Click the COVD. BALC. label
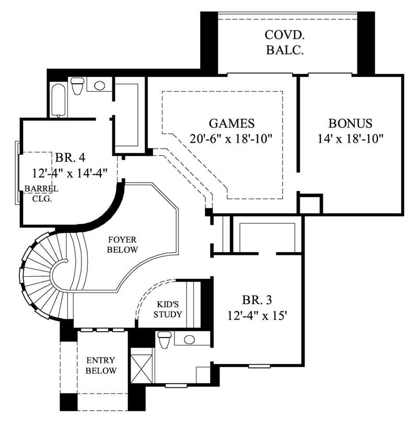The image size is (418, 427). click(x=285, y=43)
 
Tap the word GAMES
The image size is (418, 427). click(x=231, y=124)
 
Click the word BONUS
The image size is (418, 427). click(x=350, y=124)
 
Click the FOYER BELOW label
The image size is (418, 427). click(x=122, y=245)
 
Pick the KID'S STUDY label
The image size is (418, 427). click(x=169, y=309)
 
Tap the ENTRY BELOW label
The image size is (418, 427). click(x=101, y=365)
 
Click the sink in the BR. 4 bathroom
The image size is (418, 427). click(x=99, y=85)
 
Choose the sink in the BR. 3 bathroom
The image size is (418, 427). click(x=189, y=339)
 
